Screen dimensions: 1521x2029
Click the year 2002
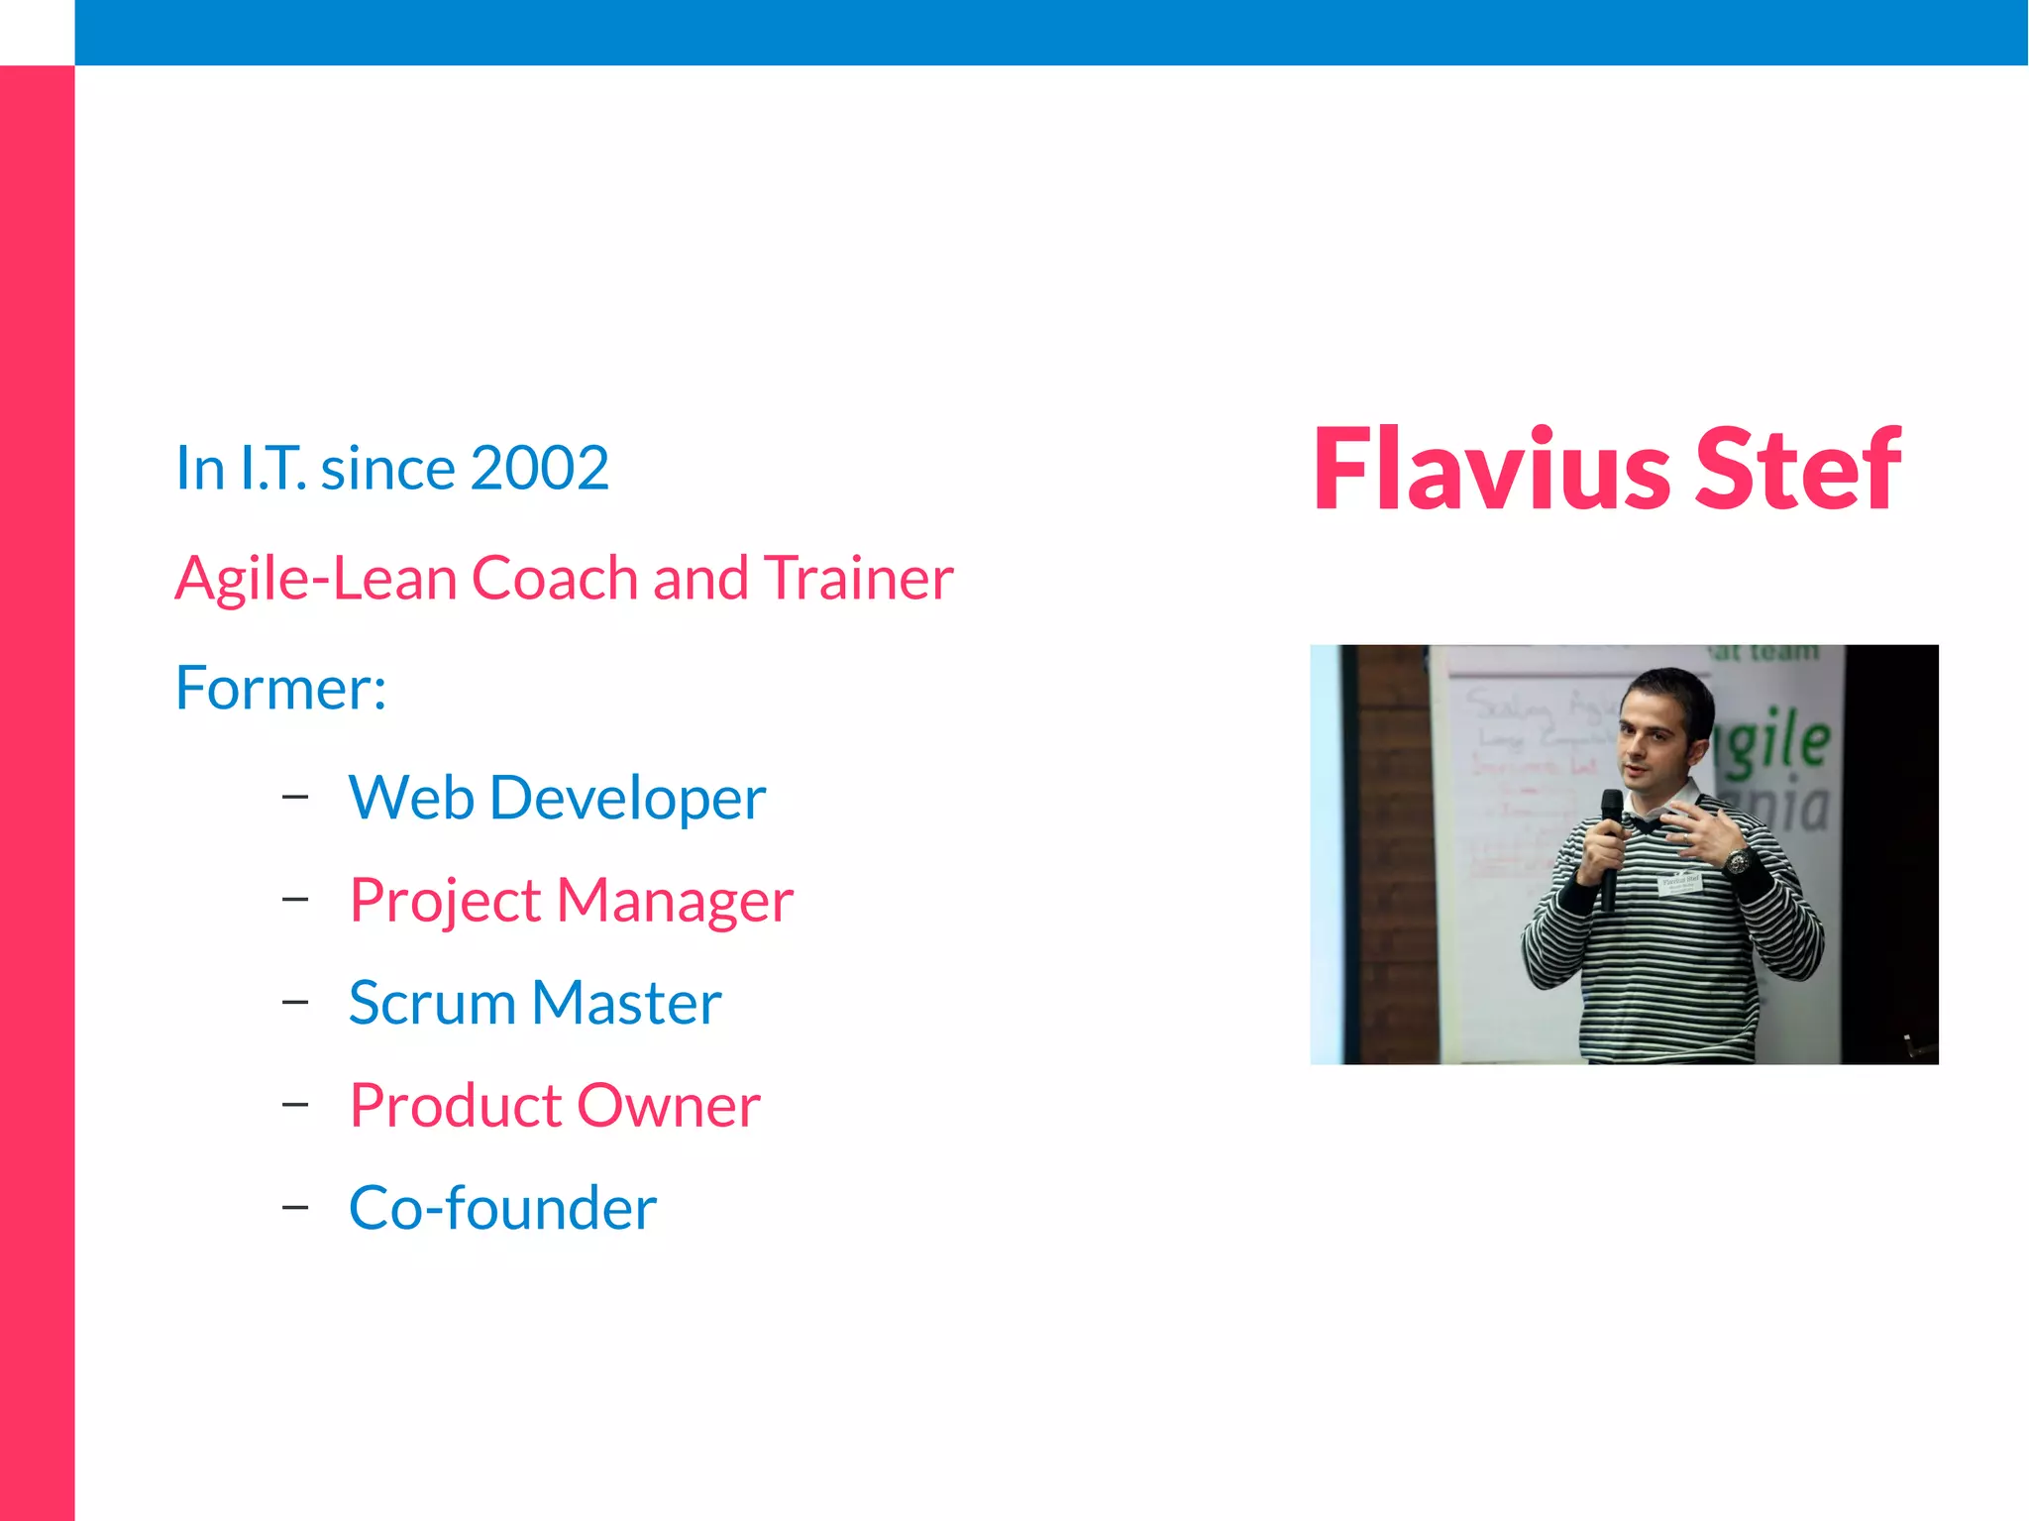pos(539,468)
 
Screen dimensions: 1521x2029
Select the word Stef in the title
pos(1798,469)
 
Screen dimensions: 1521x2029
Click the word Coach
pos(555,578)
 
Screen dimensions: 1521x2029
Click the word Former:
pos(280,688)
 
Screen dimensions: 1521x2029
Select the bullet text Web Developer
pos(557,798)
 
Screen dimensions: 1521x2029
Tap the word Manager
pos(675,901)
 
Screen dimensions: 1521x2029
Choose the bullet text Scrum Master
pos(535,1003)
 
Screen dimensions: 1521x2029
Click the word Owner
pos(669,1106)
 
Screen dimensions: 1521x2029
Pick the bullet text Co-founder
pos(502,1208)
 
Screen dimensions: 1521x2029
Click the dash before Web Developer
pos(295,797)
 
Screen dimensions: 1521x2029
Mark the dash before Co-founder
pos(295,1208)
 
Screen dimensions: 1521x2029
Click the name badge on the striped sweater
pos(1680,882)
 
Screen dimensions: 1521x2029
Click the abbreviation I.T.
pos(273,468)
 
